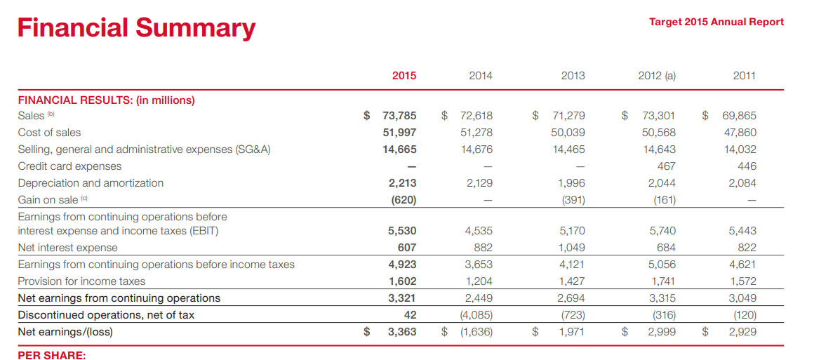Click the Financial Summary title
click(x=137, y=28)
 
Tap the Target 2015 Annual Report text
click(x=716, y=22)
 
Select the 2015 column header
click(x=404, y=76)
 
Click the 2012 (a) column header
click(x=657, y=76)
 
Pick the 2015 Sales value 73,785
click(x=399, y=116)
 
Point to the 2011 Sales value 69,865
click(x=739, y=116)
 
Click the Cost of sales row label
click(x=49, y=133)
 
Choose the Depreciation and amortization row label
click(x=91, y=182)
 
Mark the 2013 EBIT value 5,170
click(x=571, y=231)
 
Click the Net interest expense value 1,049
click(x=571, y=248)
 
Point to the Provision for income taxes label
click(x=81, y=281)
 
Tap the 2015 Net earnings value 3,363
click(x=402, y=332)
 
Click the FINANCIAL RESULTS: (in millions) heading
click(x=106, y=99)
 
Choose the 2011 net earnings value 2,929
click(x=742, y=332)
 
